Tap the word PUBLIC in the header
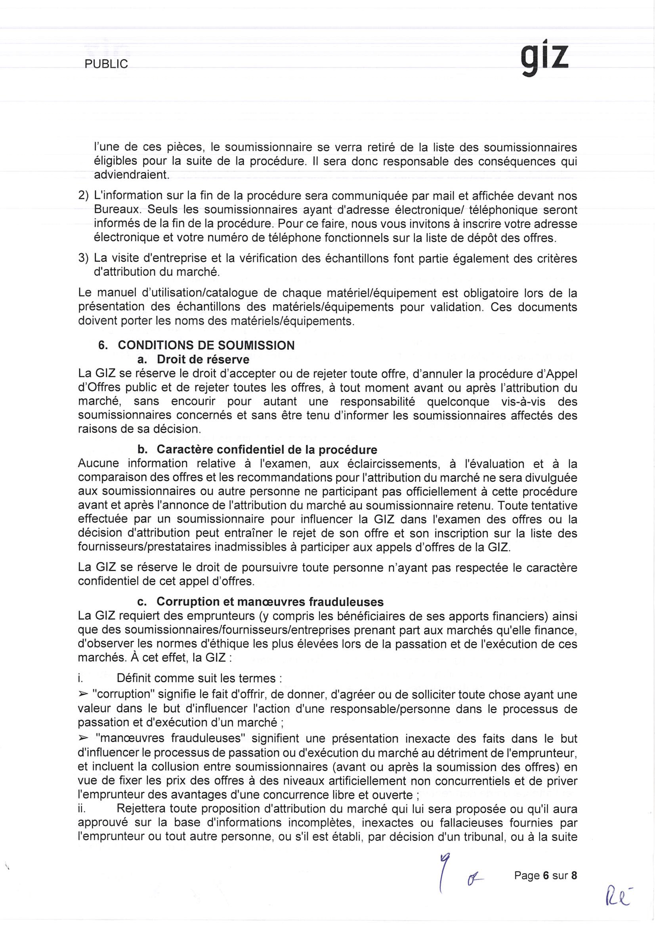coord(106,64)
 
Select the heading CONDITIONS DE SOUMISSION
coord(206,346)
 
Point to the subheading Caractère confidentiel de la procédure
coord(267,450)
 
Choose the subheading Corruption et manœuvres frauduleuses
coord(269,601)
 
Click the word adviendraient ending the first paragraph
coord(131,175)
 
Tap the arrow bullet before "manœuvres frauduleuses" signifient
coord(83,738)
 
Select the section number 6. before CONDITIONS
coord(103,346)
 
